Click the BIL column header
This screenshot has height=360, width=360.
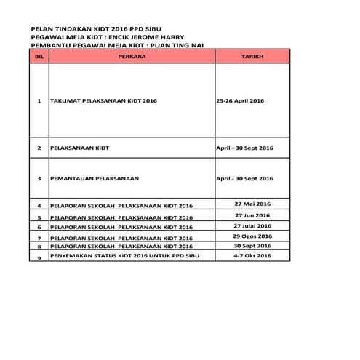(x=39, y=55)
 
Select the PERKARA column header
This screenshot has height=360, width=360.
(x=131, y=55)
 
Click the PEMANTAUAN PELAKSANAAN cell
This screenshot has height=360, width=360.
(x=95, y=178)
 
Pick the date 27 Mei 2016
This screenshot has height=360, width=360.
(x=252, y=205)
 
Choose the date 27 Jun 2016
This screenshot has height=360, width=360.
(x=252, y=215)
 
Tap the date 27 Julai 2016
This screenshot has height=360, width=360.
(x=252, y=225)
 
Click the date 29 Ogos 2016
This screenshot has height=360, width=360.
(x=252, y=236)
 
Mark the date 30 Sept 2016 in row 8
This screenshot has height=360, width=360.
(x=252, y=246)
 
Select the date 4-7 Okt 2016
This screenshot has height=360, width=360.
(x=252, y=256)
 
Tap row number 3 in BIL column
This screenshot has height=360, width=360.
(x=39, y=178)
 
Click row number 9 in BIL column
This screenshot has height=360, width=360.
(x=39, y=258)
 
